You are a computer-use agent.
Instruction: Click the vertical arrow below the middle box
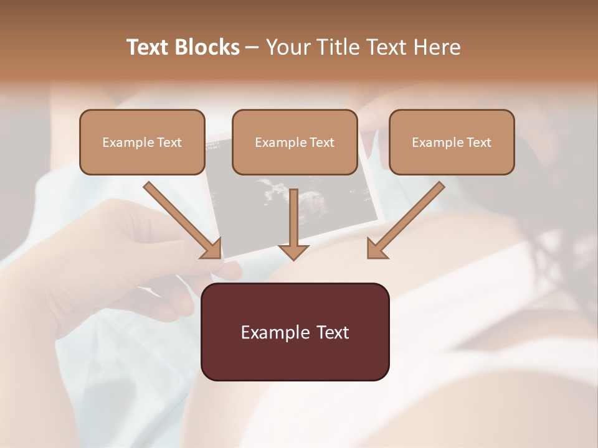click(x=293, y=218)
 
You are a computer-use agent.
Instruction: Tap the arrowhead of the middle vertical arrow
click(x=293, y=252)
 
